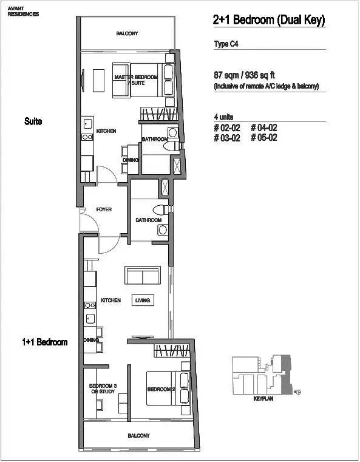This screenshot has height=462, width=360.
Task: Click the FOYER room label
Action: pyautogui.click(x=104, y=209)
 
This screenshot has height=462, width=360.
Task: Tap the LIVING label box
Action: pyautogui.click(x=143, y=301)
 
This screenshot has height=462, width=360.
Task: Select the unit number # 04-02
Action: pyautogui.click(x=264, y=127)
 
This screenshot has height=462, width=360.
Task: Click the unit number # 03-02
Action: pyautogui.click(x=227, y=138)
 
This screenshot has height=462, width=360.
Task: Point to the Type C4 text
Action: pyautogui.click(x=226, y=44)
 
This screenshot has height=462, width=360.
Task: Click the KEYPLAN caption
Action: pyautogui.click(x=263, y=399)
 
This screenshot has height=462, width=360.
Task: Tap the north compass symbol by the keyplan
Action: pyautogui.click(x=298, y=392)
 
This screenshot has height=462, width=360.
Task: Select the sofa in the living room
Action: pyautogui.click(x=143, y=275)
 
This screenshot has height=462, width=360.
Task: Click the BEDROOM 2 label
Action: pyautogui.click(x=161, y=389)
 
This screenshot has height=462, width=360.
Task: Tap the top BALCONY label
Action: pyautogui.click(x=127, y=33)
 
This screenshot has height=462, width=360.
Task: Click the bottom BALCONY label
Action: pyautogui.click(x=139, y=435)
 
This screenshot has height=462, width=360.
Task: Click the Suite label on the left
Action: pyautogui.click(x=33, y=121)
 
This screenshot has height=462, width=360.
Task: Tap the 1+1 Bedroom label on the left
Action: pyautogui.click(x=45, y=342)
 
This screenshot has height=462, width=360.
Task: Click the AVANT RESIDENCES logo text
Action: pyautogui.click(x=23, y=12)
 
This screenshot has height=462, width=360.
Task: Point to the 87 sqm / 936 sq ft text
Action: pyautogui.click(x=244, y=75)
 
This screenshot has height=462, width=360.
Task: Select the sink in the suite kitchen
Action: pyautogui.click(x=87, y=124)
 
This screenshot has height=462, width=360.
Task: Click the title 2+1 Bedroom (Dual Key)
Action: pyautogui.click(x=270, y=20)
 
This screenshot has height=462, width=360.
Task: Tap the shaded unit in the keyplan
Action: pyautogui.click(x=286, y=375)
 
